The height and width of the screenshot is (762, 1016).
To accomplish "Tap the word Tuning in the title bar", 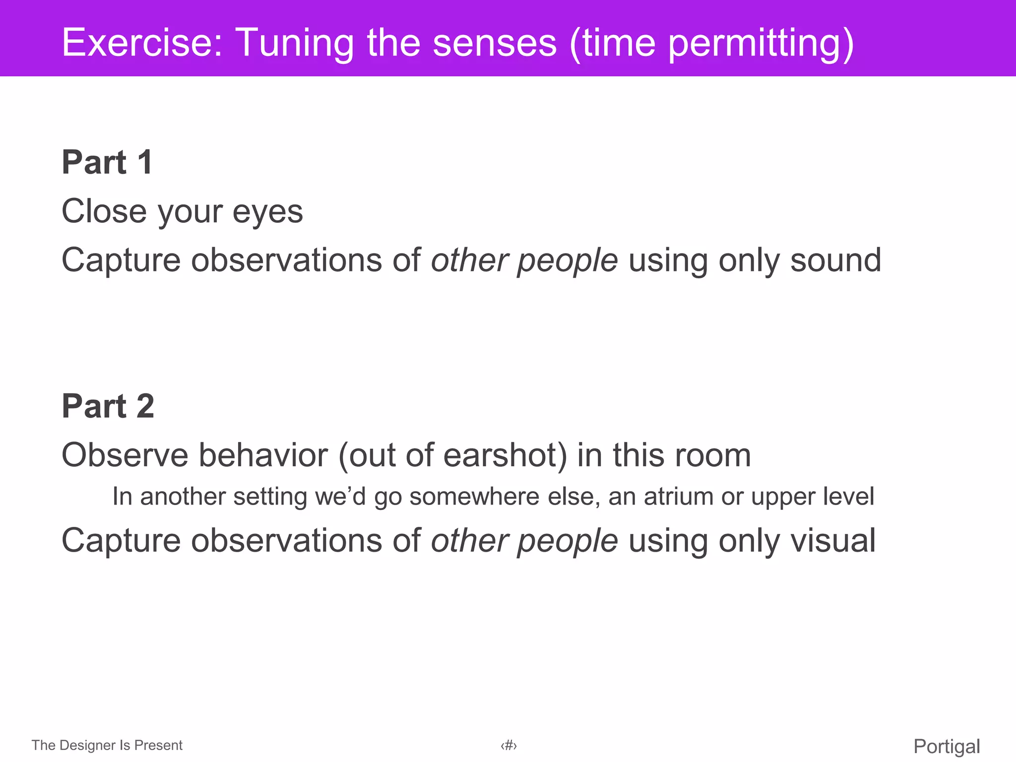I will (x=295, y=43).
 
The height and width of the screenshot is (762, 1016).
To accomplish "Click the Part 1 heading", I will (x=107, y=162).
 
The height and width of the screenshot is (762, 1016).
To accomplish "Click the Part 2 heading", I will (x=108, y=406).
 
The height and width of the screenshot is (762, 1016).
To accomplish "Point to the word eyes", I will (x=267, y=212).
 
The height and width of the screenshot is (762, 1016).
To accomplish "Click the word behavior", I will (x=263, y=455).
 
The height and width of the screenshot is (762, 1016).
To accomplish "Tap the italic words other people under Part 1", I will (x=524, y=260).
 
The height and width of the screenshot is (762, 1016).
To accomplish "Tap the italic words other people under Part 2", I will (x=524, y=540).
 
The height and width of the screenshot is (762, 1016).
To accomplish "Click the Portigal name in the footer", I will (x=947, y=746).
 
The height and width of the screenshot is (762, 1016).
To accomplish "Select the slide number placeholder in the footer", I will (x=508, y=745).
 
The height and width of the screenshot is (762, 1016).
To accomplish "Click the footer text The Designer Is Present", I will (x=107, y=745).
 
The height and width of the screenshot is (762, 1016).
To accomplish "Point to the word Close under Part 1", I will (x=104, y=212).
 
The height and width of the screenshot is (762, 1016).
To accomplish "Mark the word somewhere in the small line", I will (x=474, y=497).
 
